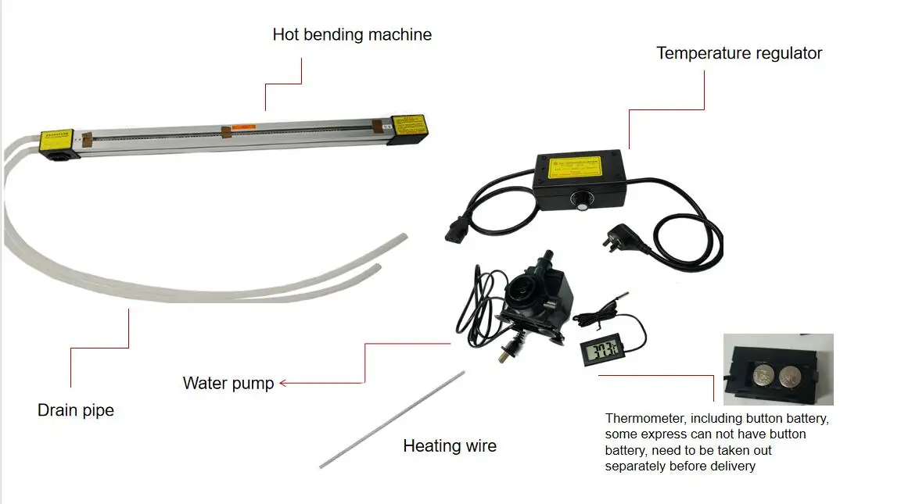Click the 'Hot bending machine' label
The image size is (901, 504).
pos(352,34)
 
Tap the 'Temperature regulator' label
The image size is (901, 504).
pos(739,53)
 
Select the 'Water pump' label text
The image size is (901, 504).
pos(228,383)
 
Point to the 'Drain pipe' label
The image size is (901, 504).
pos(76,410)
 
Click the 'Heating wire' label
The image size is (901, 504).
pos(450,446)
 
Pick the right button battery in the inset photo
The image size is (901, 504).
pos(788,379)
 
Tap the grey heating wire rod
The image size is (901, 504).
pos(392,420)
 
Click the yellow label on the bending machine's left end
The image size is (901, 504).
pos(56,136)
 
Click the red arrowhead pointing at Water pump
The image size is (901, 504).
pos(283,383)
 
